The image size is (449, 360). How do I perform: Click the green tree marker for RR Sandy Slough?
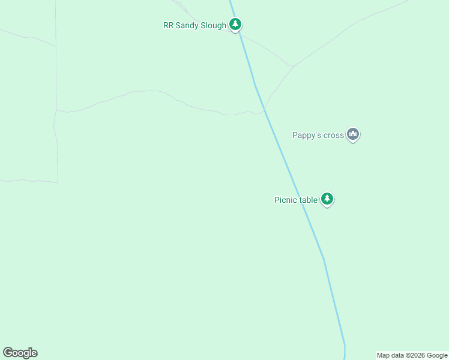tap(236, 25)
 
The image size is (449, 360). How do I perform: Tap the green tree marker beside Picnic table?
tap(327, 199)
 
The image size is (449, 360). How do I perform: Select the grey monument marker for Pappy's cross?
tap(353, 135)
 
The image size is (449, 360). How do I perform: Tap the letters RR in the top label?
tap(168, 25)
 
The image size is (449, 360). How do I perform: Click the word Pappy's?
tap(307, 136)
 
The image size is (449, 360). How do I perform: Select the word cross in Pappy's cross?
tap(334, 136)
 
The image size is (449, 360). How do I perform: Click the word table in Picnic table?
tap(308, 200)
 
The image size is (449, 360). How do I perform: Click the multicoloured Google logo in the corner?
tap(20, 353)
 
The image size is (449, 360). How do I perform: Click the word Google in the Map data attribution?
tap(438, 355)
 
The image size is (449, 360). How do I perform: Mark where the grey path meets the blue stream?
tap(264, 110)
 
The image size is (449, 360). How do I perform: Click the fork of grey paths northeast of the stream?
tap(293, 65)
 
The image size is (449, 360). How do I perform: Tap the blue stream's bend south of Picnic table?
tap(324, 259)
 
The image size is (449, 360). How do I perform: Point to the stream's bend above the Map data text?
tap(345, 345)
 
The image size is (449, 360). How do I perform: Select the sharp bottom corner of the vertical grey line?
tap(58, 181)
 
